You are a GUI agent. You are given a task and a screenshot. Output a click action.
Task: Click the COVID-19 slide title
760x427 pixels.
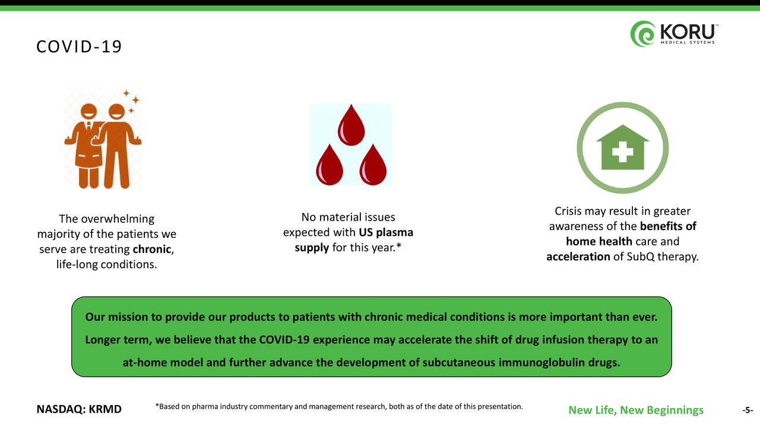[79, 47]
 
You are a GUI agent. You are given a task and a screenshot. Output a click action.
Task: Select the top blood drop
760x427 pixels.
[351, 125]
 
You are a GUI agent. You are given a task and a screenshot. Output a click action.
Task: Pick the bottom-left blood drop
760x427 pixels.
[329, 165]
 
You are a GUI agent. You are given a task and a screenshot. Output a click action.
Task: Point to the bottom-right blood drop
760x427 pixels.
[373, 165]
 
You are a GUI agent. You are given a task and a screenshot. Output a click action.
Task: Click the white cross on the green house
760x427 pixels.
[623, 151]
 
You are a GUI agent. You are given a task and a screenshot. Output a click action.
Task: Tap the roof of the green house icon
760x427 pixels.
[623, 133]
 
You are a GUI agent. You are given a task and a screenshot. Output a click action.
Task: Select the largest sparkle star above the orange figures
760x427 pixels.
[136, 100]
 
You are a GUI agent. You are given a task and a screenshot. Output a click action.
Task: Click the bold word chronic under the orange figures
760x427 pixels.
[151, 249]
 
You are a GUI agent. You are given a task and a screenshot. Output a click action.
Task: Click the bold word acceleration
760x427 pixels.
[578, 257]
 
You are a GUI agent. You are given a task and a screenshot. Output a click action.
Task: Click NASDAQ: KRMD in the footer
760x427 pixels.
[79, 409]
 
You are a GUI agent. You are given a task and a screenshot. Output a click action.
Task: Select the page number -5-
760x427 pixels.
[748, 410]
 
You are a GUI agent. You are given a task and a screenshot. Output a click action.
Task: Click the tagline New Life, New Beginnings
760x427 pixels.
[636, 410]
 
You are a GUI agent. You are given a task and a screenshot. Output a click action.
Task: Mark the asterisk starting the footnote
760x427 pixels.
[157, 405]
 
